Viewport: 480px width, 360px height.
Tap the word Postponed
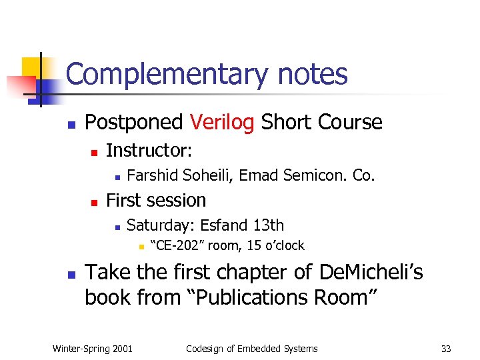pos(134,123)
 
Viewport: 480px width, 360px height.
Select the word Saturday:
pos(161,225)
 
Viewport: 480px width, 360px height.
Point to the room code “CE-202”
pos(179,245)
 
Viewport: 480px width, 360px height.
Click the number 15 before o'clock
pos(254,245)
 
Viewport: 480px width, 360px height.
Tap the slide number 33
pos(446,348)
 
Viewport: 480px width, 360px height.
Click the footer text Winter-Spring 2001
pos(92,348)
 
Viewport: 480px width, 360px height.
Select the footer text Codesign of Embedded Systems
pos(252,348)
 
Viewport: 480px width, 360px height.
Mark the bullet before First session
pos(94,201)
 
